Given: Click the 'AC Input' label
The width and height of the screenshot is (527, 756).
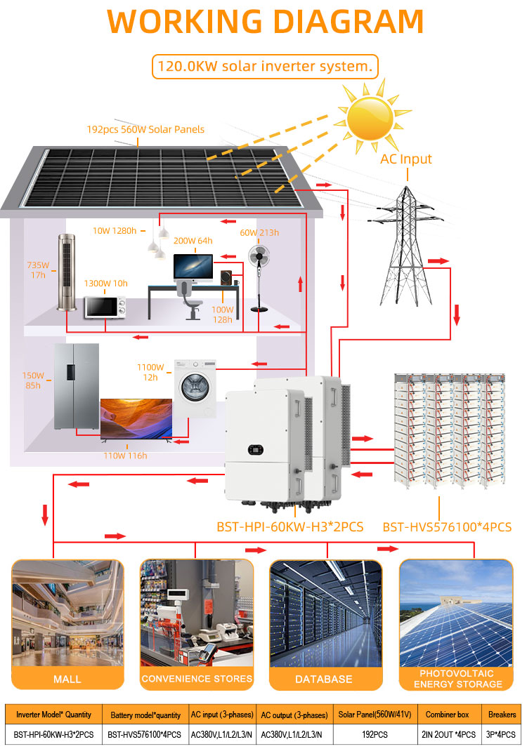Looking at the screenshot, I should coord(406,159).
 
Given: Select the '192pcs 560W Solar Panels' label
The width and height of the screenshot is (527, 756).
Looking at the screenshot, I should coord(145,129).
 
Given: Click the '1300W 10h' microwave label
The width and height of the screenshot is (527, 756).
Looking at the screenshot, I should coord(106,284).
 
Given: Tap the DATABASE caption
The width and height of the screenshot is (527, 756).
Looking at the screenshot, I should coord(324,679).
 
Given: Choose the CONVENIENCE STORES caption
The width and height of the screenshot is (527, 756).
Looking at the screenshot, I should coord(196,679).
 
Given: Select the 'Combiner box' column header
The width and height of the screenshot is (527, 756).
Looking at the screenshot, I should coord(447,714).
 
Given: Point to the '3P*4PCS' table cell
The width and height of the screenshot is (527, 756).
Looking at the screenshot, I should coord(502,734).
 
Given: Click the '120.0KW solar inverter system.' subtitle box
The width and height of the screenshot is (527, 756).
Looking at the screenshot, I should coord(265,67).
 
